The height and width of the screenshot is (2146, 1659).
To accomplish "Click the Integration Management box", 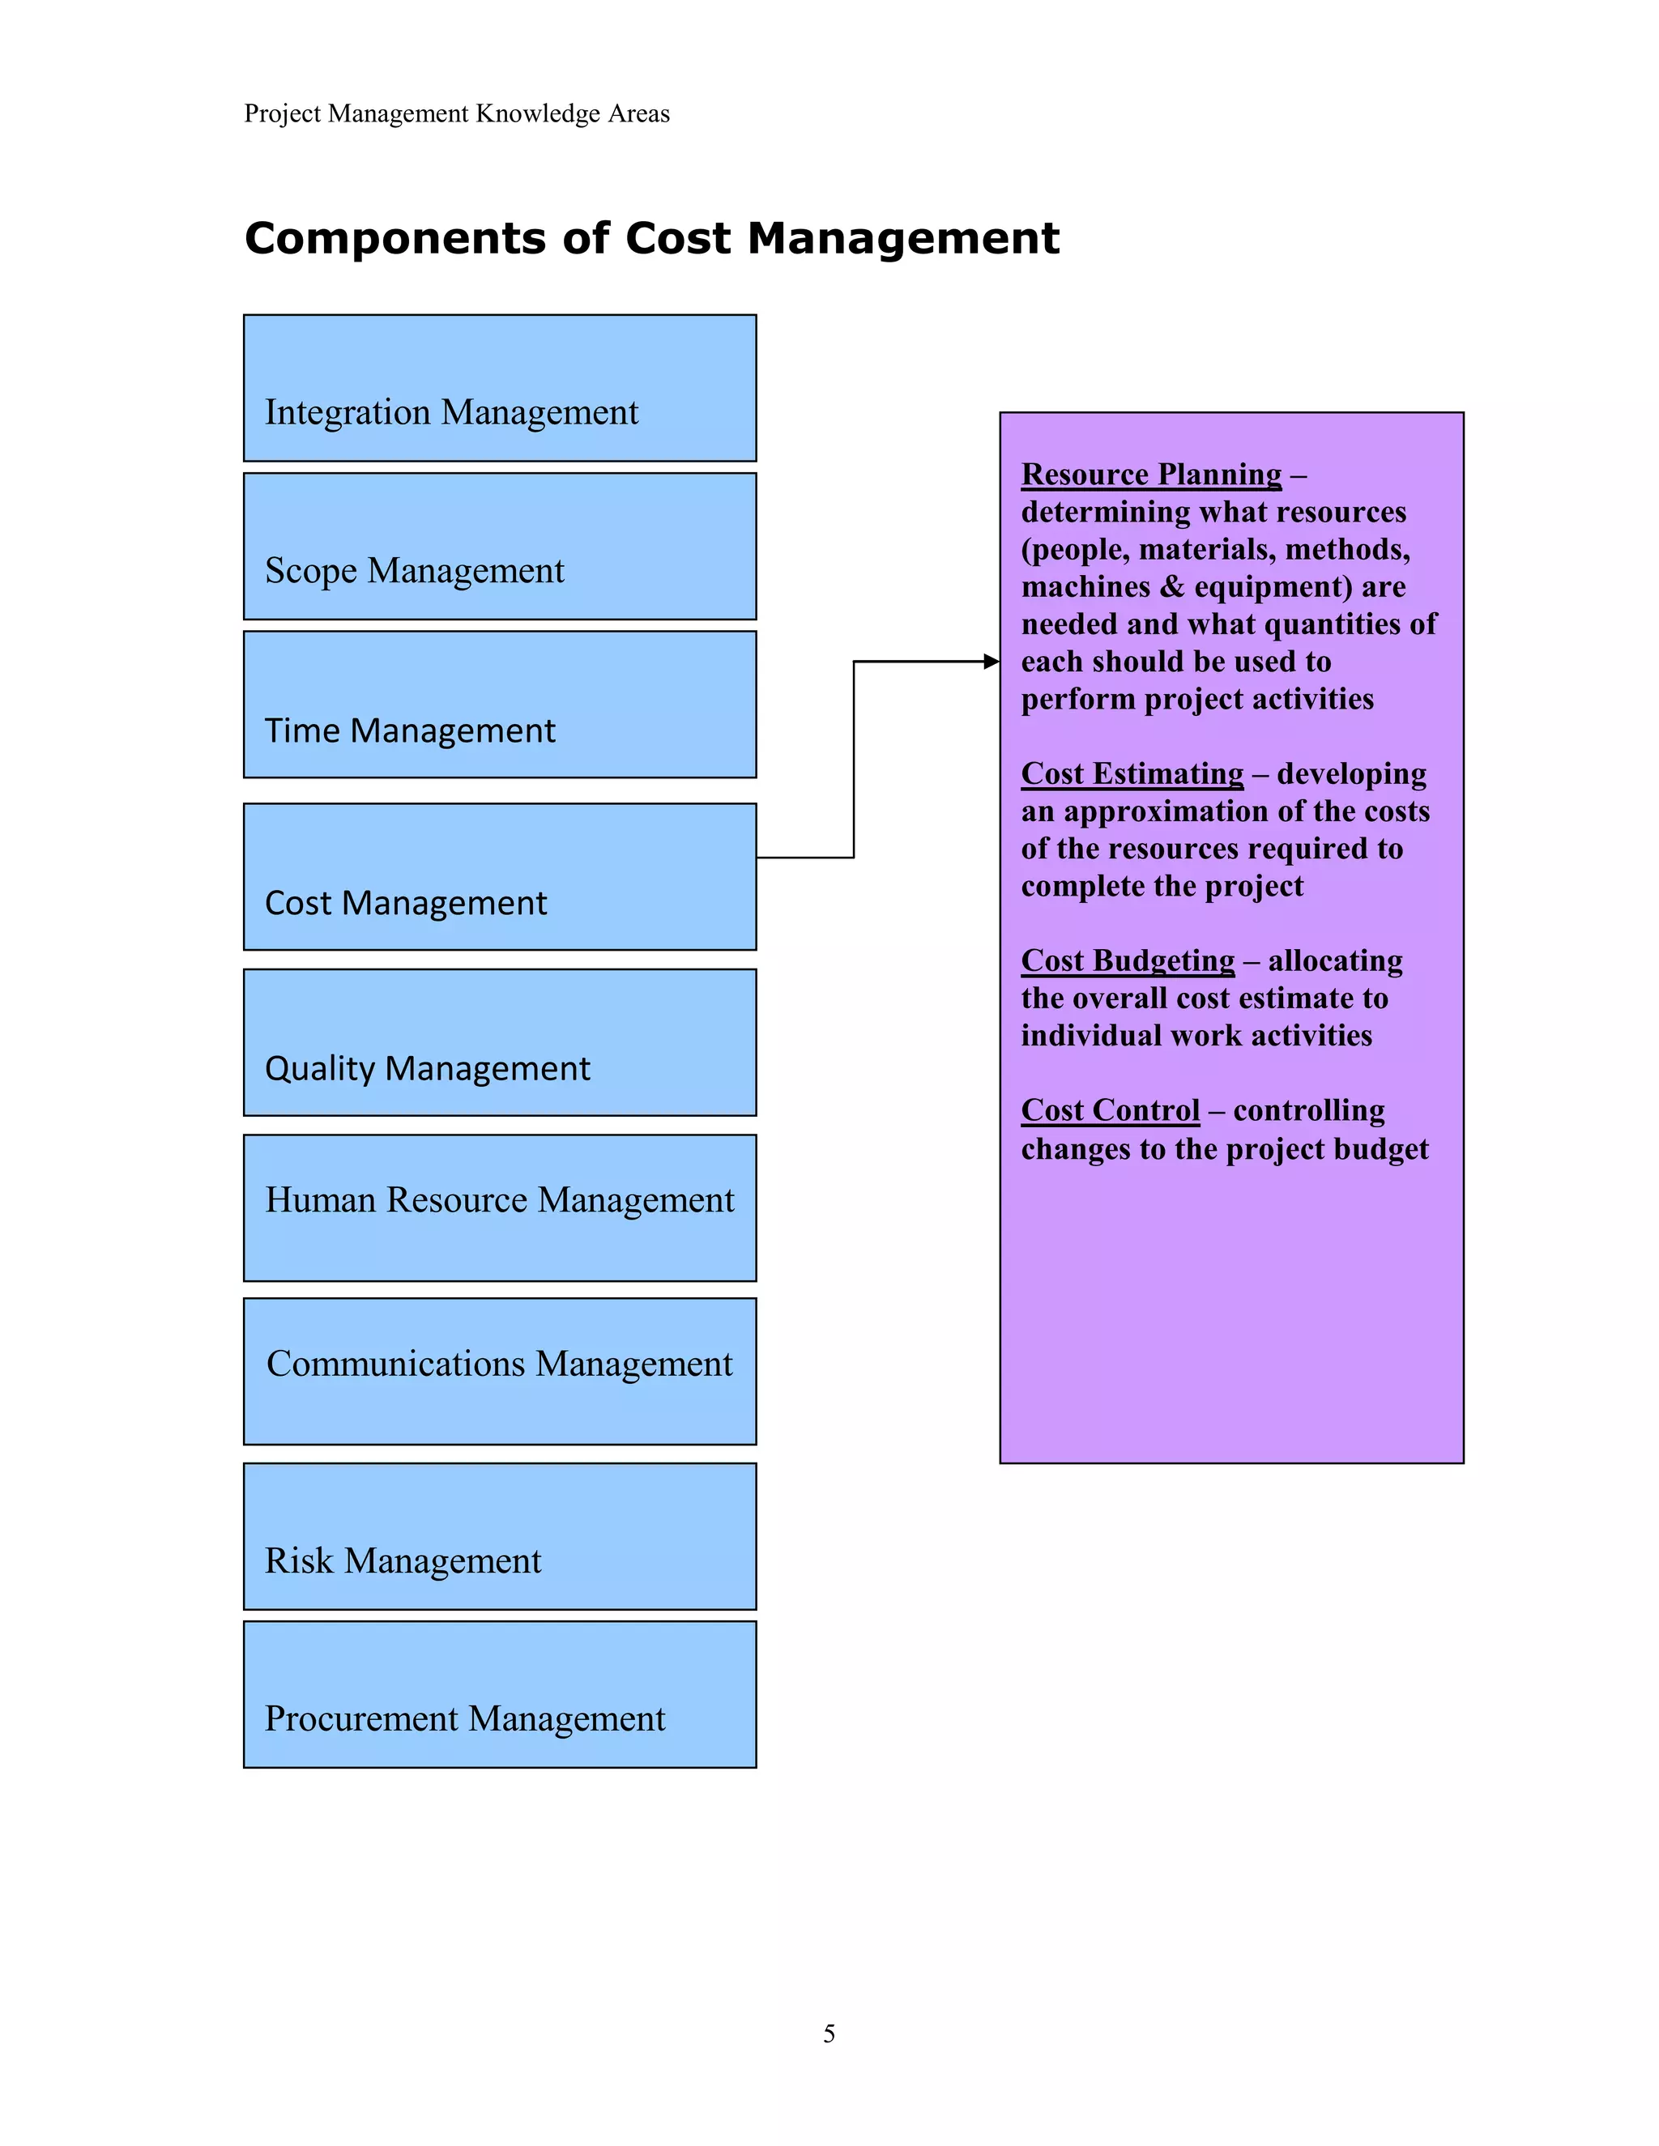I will coord(499,388).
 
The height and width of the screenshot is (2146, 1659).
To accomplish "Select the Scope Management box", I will coord(499,547).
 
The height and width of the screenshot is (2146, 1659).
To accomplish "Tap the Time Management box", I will coord(499,705).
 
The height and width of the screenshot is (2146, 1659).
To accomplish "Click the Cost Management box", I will coord(499,876).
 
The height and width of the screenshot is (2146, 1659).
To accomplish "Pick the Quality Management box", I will coord(499,1042).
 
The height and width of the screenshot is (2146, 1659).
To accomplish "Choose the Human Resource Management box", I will coord(499,1207).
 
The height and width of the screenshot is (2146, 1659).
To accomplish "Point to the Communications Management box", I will coord(499,1371).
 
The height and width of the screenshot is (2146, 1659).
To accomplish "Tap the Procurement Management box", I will coord(499,1694).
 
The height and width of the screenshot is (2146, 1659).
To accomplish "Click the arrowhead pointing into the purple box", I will coord(991,662).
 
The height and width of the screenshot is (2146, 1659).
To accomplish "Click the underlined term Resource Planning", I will coord(1151,475).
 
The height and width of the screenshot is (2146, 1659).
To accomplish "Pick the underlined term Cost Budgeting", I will coord(1128,961).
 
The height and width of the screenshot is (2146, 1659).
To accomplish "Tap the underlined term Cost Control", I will coord(1110,1110).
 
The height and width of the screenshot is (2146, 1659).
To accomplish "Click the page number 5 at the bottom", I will coord(829,2034).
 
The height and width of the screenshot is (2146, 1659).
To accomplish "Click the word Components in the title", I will coord(395,239).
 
